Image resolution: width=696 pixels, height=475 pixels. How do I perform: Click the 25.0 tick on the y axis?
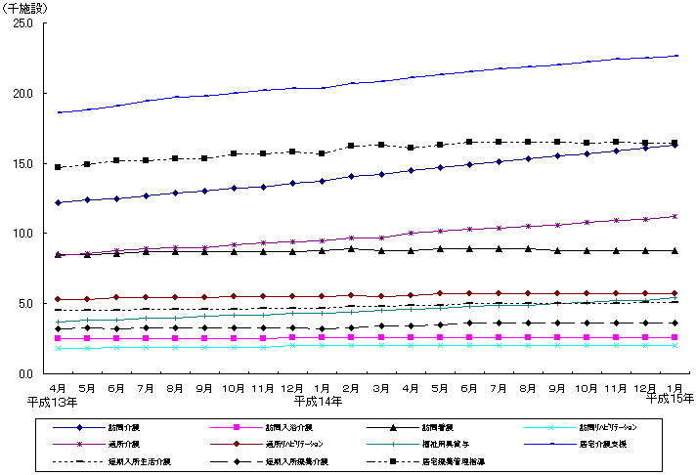coord(22,22)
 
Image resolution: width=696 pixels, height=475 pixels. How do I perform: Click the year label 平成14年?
coord(315,401)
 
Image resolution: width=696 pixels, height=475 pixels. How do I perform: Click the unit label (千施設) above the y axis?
coord(25,8)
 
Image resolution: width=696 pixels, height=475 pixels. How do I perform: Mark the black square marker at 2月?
coord(351,146)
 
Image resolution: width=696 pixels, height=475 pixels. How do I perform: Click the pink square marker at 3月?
coord(380,337)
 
